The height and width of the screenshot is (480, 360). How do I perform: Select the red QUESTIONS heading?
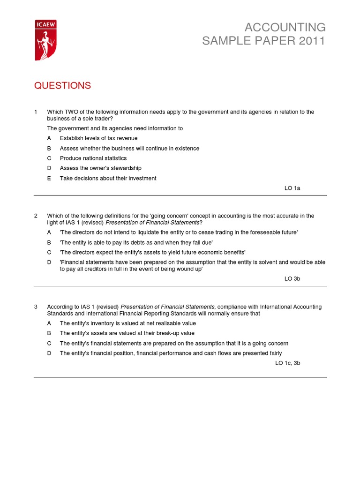pyautogui.click(x=62, y=85)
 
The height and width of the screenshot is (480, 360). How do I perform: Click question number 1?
pyautogui.click(x=36, y=112)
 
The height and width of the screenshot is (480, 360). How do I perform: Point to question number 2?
pyautogui.click(x=36, y=216)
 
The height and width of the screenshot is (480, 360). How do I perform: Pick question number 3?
pyautogui.click(x=36, y=307)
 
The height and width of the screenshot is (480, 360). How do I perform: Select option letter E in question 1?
pyautogui.click(x=49, y=178)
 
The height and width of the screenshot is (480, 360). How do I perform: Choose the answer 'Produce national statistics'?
pyautogui.click(x=93, y=158)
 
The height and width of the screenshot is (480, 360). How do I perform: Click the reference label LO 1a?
pyautogui.click(x=292, y=188)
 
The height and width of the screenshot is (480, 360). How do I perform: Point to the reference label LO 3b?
pyautogui.click(x=292, y=278)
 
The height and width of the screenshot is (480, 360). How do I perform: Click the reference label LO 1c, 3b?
pyautogui.click(x=287, y=363)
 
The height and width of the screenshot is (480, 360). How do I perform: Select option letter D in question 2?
pyautogui.click(x=49, y=262)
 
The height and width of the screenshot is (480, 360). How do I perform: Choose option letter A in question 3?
pyautogui.click(x=49, y=323)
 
